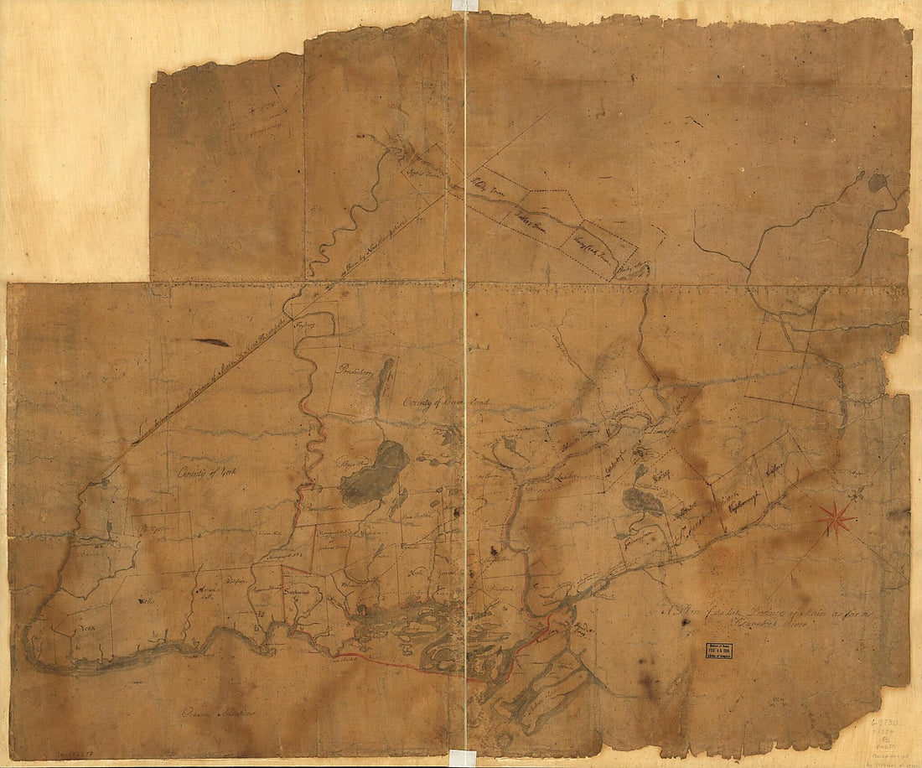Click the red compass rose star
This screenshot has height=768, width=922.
pos(837,518)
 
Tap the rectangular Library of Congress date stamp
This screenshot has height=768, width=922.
pos(718,652)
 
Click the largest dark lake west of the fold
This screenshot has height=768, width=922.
pos(374,475)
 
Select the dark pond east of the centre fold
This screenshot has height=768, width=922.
pos(643,501)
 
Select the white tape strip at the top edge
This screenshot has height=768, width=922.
pos(464,5)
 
